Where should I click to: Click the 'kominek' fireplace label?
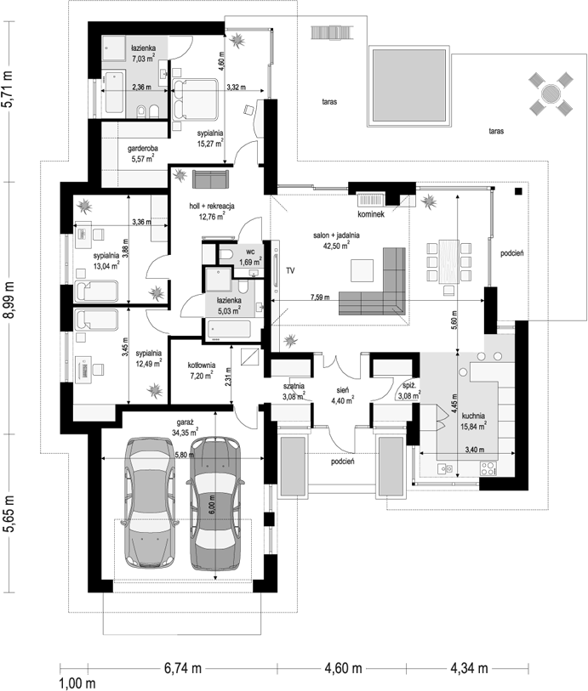point(371,214)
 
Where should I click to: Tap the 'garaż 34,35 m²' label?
point(185,427)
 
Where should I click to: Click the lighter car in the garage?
point(149,503)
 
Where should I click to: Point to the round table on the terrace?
point(551,93)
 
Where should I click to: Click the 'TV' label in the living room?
point(290,270)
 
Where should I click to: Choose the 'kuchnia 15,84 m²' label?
point(473,421)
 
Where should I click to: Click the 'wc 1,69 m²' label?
point(250,258)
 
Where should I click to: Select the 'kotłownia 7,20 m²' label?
point(201,371)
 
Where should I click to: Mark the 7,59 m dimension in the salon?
point(320,297)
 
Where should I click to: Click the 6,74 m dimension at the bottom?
point(183,668)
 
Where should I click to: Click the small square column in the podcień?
point(518,191)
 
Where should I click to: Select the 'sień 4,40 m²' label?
point(342,395)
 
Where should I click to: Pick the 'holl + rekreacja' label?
point(212,206)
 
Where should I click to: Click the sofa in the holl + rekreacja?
point(211,179)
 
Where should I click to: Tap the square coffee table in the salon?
point(363,270)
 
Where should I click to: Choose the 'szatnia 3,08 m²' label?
point(294,391)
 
